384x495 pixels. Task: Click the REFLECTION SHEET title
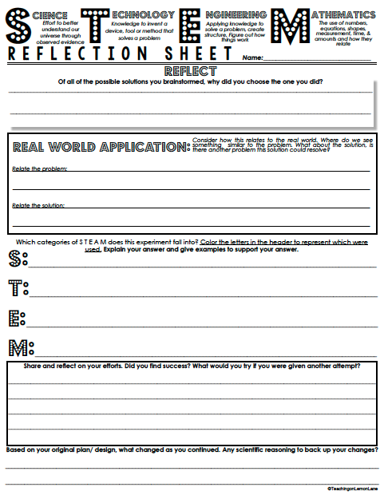coord(120,55)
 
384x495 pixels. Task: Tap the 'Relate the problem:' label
coord(39,168)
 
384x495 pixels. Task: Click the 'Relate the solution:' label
coord(38,205)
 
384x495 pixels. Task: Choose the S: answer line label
coord(17,258)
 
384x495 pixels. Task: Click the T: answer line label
coord(17,287)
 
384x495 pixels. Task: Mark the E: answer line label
coord(17,318)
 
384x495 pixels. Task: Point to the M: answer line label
coord(19,347)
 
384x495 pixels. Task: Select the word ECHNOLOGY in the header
coord(142,15)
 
